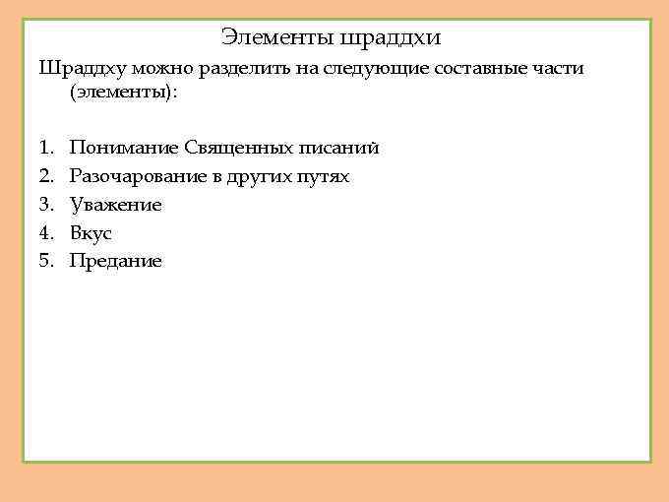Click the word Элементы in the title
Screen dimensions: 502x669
pos(276,37)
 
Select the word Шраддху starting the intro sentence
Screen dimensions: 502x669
pos(78,69)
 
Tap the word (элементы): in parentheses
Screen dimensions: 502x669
pos(124,94)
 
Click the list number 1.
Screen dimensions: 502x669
pos(45,148)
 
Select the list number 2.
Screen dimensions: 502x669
pos(45,176)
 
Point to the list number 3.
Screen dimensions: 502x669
pos(45,205)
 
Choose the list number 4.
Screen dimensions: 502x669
pos(45,233)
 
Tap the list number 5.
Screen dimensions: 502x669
pos(45,261)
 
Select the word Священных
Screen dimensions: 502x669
pos(239,148)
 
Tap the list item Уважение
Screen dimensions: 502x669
pos(116,205)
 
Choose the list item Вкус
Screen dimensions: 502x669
pos(91,233)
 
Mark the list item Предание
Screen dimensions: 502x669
pos(116,261)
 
